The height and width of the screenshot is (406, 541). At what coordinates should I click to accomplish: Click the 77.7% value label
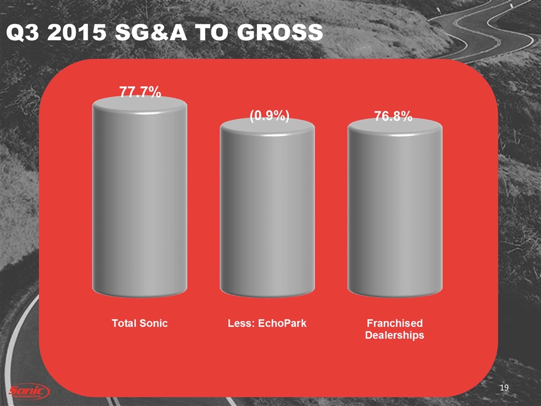139,91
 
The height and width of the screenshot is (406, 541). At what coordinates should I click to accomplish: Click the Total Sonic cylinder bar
139,203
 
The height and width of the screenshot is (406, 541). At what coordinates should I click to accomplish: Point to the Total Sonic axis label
139,324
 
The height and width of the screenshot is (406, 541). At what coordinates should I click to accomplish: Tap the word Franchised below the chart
394,324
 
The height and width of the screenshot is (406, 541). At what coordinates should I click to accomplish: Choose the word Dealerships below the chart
394,335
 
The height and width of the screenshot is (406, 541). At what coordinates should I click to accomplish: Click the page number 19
504,387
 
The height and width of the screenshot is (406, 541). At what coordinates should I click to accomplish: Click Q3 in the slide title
21,34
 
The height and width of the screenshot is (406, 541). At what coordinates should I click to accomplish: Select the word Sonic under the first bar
153,324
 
